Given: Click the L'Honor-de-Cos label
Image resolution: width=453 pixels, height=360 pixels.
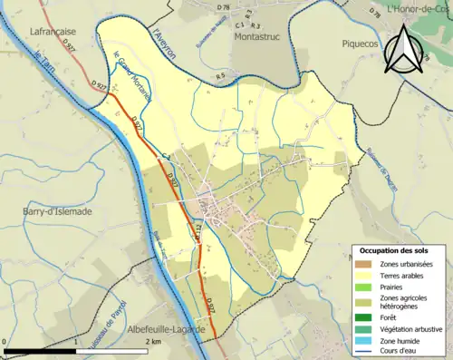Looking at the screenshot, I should click(x=419, y=9).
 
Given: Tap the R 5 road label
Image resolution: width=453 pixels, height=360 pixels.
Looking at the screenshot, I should click(x=220, y=76).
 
